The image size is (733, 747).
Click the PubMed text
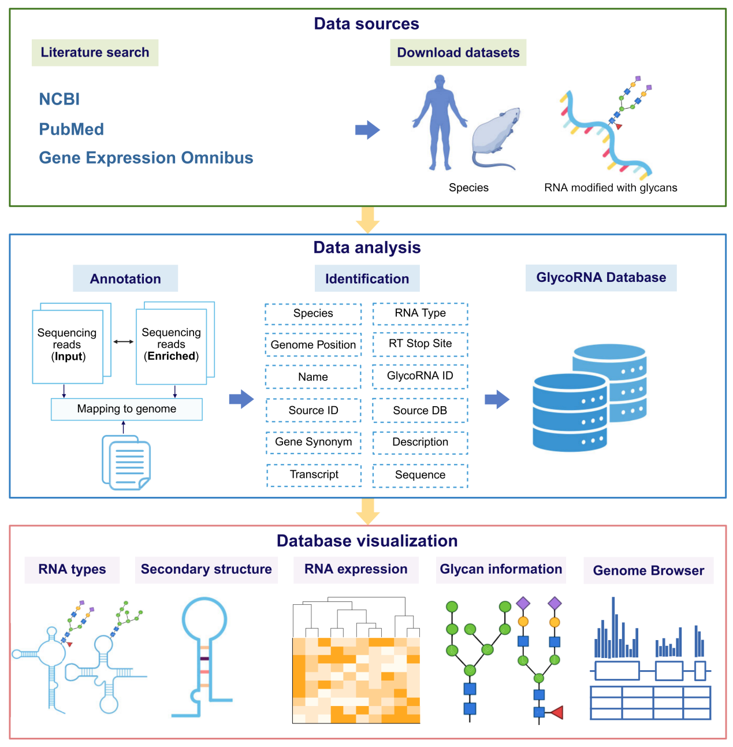point(71,129)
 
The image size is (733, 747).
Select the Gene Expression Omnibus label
point(146,158)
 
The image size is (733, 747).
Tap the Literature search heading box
point(95,53)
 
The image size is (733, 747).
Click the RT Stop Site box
point(420,344)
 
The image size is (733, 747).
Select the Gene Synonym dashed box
point(313,442)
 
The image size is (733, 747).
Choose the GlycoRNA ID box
point(420,376)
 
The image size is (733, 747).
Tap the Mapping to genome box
point(126,409)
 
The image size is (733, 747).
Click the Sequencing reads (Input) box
point(68,345)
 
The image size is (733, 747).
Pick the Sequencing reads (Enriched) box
point(172,345)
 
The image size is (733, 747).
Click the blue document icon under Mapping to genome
point(126,463)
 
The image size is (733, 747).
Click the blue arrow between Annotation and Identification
point(241,399)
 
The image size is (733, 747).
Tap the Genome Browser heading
point(648,571)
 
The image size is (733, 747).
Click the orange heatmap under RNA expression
point(356,680)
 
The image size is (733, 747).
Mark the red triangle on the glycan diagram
point(556,712)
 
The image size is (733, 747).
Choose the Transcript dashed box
point(314,475)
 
